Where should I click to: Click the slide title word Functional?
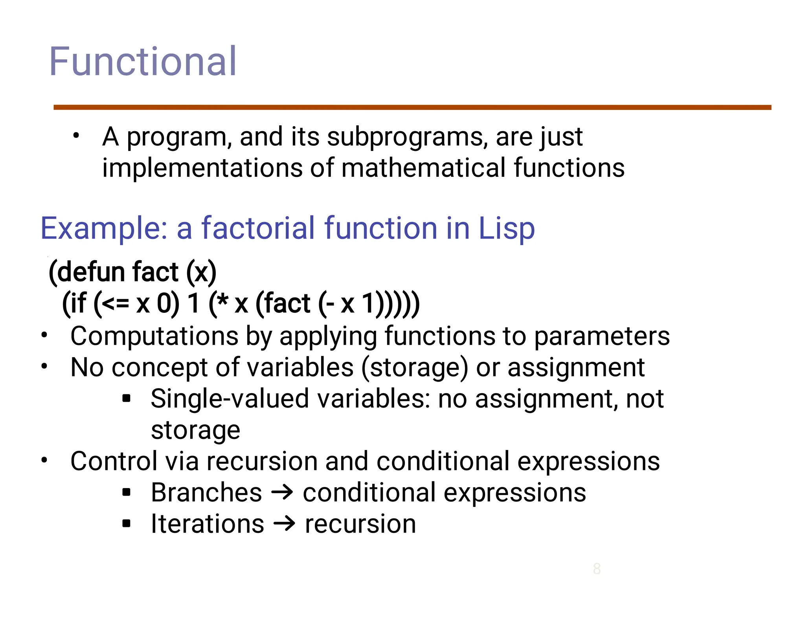pos(142,62)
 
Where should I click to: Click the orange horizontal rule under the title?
pos(412,107)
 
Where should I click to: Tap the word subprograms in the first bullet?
pos(407,138)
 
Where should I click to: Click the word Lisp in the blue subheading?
pos(506,229)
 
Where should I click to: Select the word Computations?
pos(154,336)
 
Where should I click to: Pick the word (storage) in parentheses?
pos(415,368)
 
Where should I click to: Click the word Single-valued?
pos(230,399)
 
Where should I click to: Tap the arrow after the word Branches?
pos(282,493)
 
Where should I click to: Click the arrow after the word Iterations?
pos(284,524)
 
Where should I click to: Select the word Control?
pos(114,461)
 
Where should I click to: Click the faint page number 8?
pos(597,569)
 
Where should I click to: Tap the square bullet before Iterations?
pos(126,524)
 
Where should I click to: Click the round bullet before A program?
pos(76,136)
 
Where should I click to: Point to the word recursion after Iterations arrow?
pos(360,524)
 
